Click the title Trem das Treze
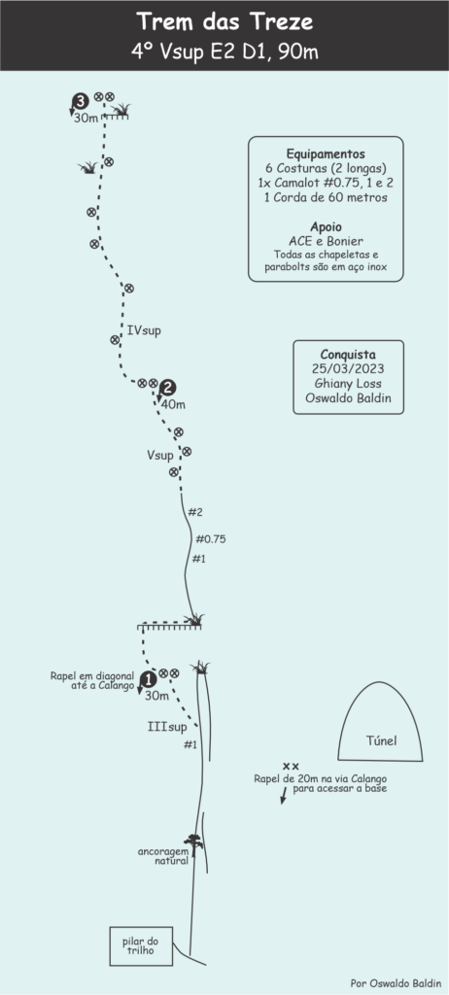[224, 22]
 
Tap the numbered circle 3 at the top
[81, 100]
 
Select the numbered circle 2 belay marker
[169, 388]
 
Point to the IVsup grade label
[144, 330]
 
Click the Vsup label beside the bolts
[160, 455]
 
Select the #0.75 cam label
[211, 539]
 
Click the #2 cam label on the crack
[195, 511]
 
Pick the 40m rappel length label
[174, 404]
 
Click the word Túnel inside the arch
[382, 739]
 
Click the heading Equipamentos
[326, 154]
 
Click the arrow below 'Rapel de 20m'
[283, 796]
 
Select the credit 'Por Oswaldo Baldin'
[396, 981]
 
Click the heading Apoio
[326, 227]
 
